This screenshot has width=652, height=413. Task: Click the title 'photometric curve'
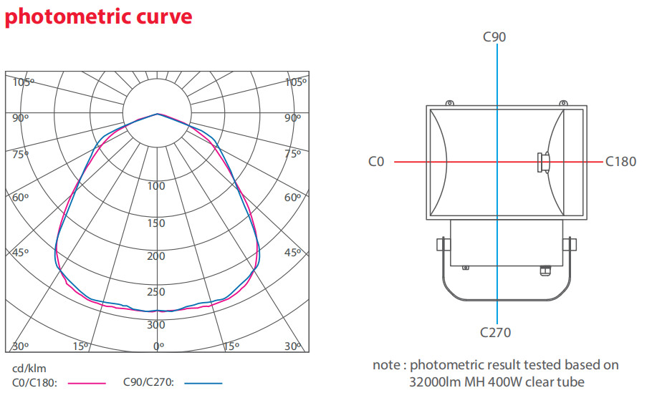pos(99,17)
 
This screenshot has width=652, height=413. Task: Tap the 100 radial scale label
pos(156,186)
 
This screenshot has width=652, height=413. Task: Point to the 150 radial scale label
pos(156,223)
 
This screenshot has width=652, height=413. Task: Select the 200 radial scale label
pos(156,256)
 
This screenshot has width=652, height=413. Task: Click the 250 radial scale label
pos(156,292)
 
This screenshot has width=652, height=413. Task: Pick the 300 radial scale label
pos(156,325)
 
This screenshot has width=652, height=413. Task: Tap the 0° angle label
pos(159,346)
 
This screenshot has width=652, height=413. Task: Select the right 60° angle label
pos(293,198)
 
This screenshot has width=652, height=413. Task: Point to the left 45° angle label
pos(20,253)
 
